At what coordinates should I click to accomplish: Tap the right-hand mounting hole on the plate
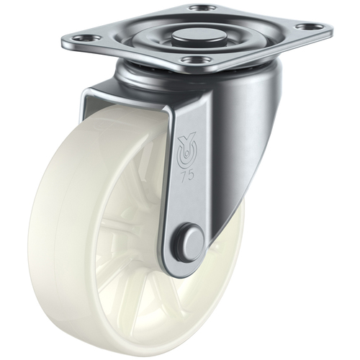point(308,26)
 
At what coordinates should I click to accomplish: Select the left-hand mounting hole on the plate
point(87,38)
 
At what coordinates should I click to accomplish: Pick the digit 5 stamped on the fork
point(190,175)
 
